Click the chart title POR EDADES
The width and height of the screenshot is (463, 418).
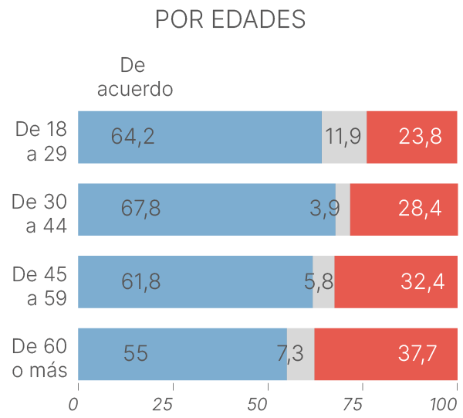pos(230,20)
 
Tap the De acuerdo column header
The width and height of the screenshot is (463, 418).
pos(134,76)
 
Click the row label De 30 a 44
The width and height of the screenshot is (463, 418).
pos(40,213)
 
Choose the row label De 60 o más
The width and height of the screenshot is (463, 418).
pos(40,358)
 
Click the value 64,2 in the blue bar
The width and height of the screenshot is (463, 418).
pos(133,137)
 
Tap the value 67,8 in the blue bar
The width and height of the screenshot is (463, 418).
pos(141,209)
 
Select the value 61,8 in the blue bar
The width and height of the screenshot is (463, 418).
pos(141,281)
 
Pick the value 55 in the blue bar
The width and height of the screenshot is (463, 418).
pos(135,354)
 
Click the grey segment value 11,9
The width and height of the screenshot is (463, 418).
pos(343,137)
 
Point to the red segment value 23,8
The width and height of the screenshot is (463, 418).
pos(421,137)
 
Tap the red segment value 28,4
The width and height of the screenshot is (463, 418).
pos(421,209)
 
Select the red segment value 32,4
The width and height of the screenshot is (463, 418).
pos(422,281)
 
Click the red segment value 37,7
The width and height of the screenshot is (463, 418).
pos(417,354)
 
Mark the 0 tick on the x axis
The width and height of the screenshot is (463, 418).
pos(74,404)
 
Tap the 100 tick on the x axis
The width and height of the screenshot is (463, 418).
pos(445,404)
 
